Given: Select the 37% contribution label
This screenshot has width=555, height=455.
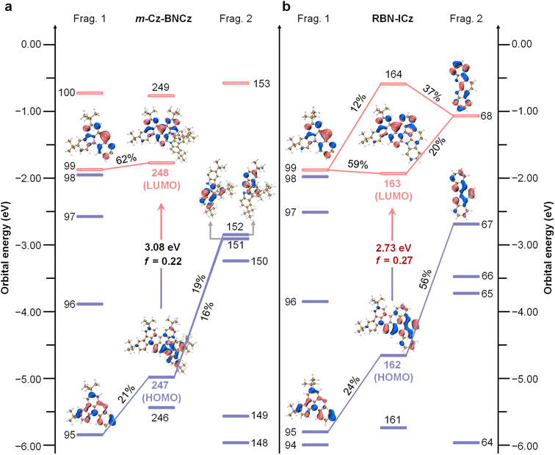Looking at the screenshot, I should [431, 88].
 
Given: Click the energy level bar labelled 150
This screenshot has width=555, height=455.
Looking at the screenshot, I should [236, 261].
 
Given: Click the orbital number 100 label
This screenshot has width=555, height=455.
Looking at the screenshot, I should [66, 92].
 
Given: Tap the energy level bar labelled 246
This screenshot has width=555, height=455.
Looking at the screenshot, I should [162, 407].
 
